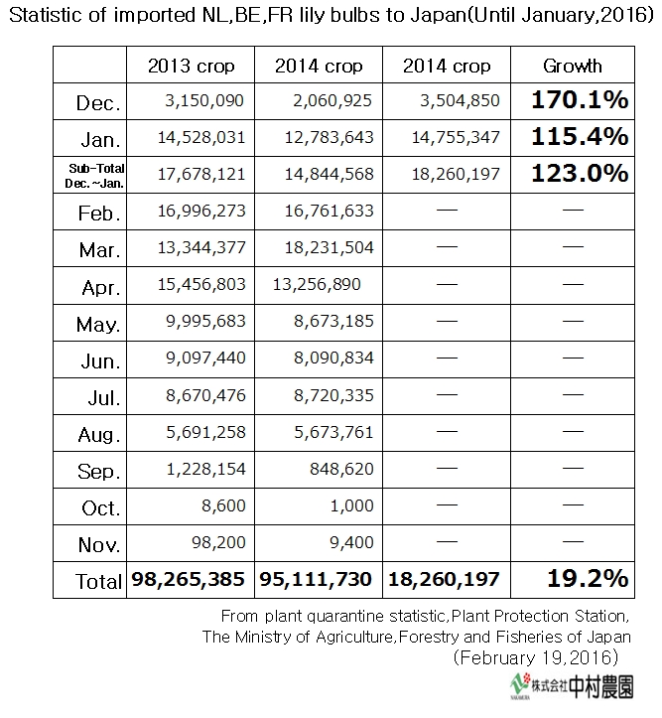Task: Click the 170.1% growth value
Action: [579, 100]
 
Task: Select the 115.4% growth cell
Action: [579, 137]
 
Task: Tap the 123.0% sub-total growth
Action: [579, 173]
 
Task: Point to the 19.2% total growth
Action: [586, 578]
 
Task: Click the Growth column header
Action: [573, 66]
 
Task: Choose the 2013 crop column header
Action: [191, 66]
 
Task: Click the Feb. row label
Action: [98, 213]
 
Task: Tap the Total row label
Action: [98, 581]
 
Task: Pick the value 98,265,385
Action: [191, 579]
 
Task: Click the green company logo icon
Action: [520, 685]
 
